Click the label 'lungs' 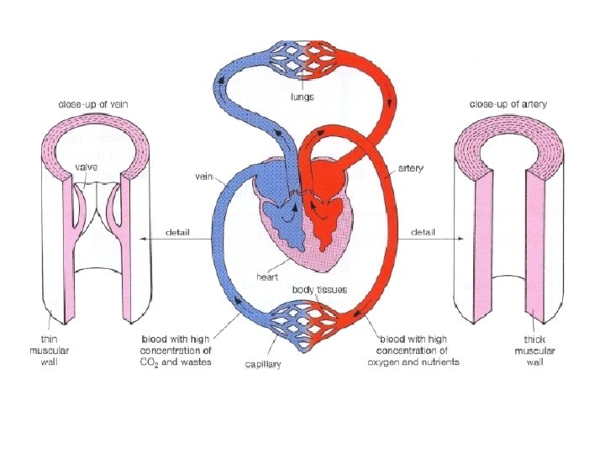pos(302,97)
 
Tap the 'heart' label pos(268,277)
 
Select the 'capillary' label pos(262,365)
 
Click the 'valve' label pos(87,167)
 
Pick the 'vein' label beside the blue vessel pos(203,177)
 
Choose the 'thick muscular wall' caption pos(530,350)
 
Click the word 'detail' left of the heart pos(177,231)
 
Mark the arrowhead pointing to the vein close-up pos(139,240)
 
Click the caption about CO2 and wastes pos(176,350)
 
